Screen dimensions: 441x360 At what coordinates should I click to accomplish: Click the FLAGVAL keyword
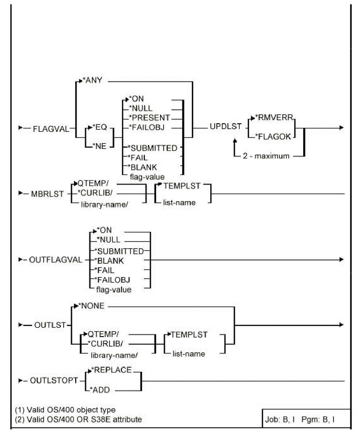click(x=51, y=129)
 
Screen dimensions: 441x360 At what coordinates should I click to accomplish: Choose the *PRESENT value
click(x=150, y=118)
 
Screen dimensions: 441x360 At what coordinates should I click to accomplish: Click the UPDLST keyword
click(x=226, y=127)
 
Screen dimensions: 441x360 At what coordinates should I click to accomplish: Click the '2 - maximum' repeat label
click(x=266, y=156)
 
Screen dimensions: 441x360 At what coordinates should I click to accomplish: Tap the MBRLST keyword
click(x=47, y=194)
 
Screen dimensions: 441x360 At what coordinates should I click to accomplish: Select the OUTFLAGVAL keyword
click(x=56, y=260)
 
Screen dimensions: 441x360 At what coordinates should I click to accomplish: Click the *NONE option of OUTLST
click(x=93, y=306)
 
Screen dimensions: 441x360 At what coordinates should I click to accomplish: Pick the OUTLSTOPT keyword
click(x=54, y=381)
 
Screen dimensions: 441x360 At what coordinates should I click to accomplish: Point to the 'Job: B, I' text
click(x=280, y=420)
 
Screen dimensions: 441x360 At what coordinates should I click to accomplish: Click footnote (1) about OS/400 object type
click(x=65, y=410)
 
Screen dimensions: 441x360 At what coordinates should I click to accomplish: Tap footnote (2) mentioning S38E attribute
click(x=78, y=419)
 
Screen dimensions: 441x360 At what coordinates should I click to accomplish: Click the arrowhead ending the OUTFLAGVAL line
click(x=342, y=260)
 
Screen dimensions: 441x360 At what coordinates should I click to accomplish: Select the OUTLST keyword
click(x=50, y=325)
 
